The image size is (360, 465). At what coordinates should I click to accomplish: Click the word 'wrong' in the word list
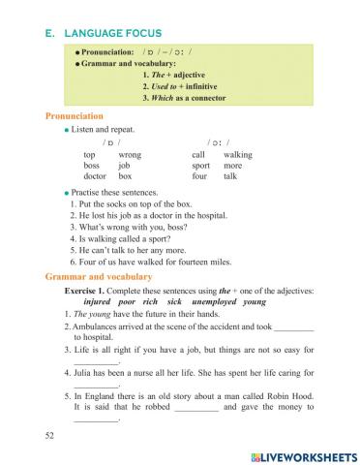point(130,155)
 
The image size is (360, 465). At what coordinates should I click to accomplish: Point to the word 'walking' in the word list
point(237,155)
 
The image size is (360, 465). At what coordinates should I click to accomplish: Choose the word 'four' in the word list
point(199,177)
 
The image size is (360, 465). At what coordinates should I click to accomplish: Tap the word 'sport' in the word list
point(201,166)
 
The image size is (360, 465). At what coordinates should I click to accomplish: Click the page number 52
point(50,437)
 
